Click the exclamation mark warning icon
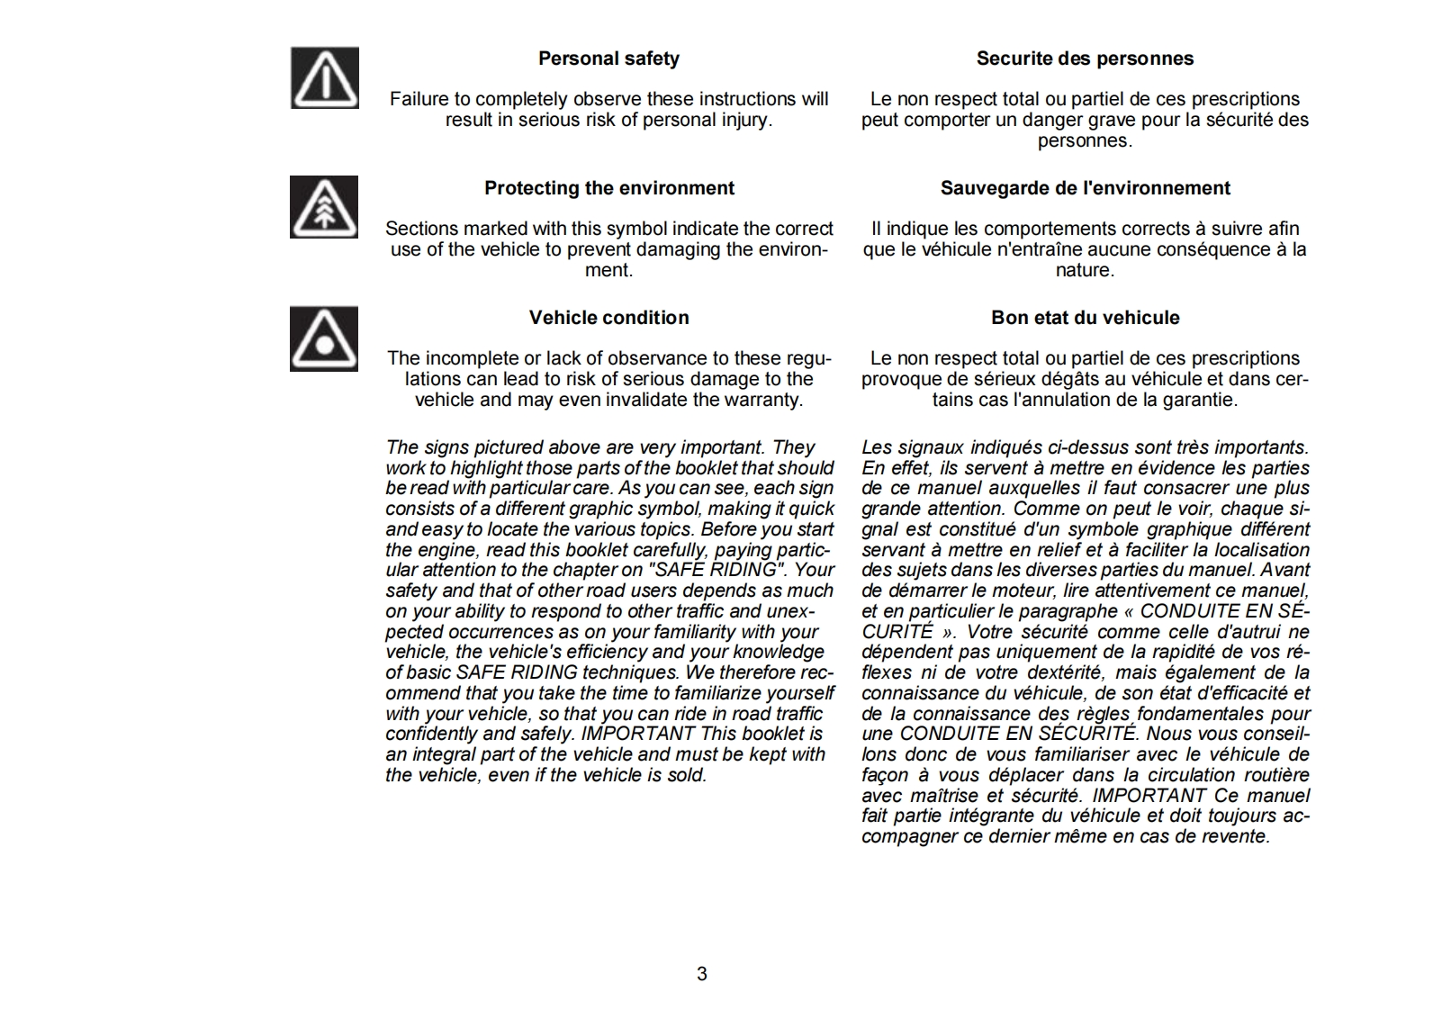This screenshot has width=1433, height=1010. click(324, 78)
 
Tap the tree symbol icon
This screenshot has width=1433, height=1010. click(324, 208)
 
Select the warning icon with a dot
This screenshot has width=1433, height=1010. click(324, 338)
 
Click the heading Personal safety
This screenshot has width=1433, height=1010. click(608, 59)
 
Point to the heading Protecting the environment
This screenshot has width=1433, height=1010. click(608, 188)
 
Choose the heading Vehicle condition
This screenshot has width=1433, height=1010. click(608, 318)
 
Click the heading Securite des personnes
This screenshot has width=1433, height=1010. click(1085, 59)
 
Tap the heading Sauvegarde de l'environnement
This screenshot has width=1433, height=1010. click(1085, 188)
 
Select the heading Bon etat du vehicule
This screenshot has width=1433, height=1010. click(1085, 318)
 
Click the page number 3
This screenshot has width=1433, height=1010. click(702, 974)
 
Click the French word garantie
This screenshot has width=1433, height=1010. click(1202, 400)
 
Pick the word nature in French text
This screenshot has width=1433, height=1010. click(1085, 270)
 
